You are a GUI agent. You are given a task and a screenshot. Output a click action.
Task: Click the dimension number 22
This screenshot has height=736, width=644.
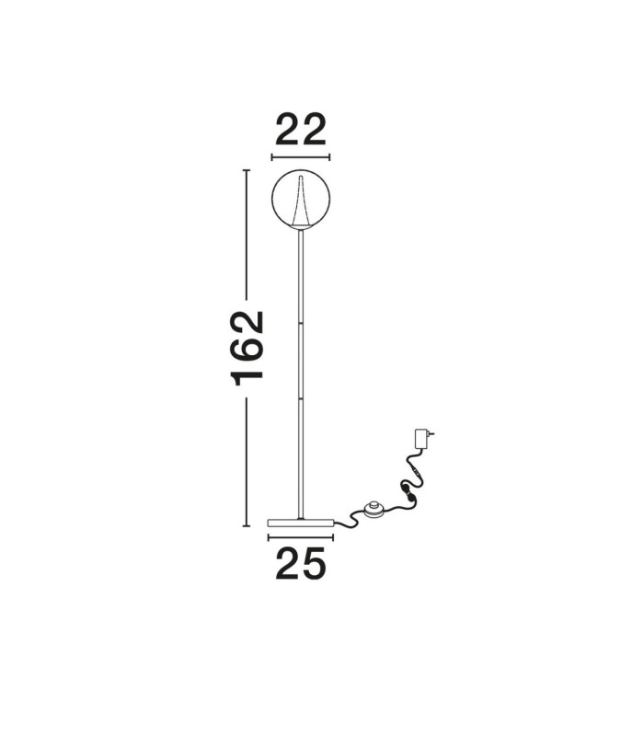coord(301,129)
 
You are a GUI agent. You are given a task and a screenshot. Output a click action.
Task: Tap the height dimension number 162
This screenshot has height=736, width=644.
coord(247,348)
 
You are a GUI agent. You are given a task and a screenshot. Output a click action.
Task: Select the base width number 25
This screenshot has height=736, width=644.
coord(301,563)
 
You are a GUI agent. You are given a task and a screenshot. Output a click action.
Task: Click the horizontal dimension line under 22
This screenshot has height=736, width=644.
coord(301,157)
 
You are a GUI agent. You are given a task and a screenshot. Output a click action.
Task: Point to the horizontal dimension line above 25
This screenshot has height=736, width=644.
coord(301,537)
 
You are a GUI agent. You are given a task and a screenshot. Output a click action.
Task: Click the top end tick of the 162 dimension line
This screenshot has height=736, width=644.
coord(246,170)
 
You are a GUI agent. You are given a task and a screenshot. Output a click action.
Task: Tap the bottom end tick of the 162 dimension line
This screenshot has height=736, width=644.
coord(246,526)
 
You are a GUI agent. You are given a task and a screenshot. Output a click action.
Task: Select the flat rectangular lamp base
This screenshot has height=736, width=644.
coord(301,523)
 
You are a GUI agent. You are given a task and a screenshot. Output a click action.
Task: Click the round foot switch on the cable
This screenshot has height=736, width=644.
coord(374,509)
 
